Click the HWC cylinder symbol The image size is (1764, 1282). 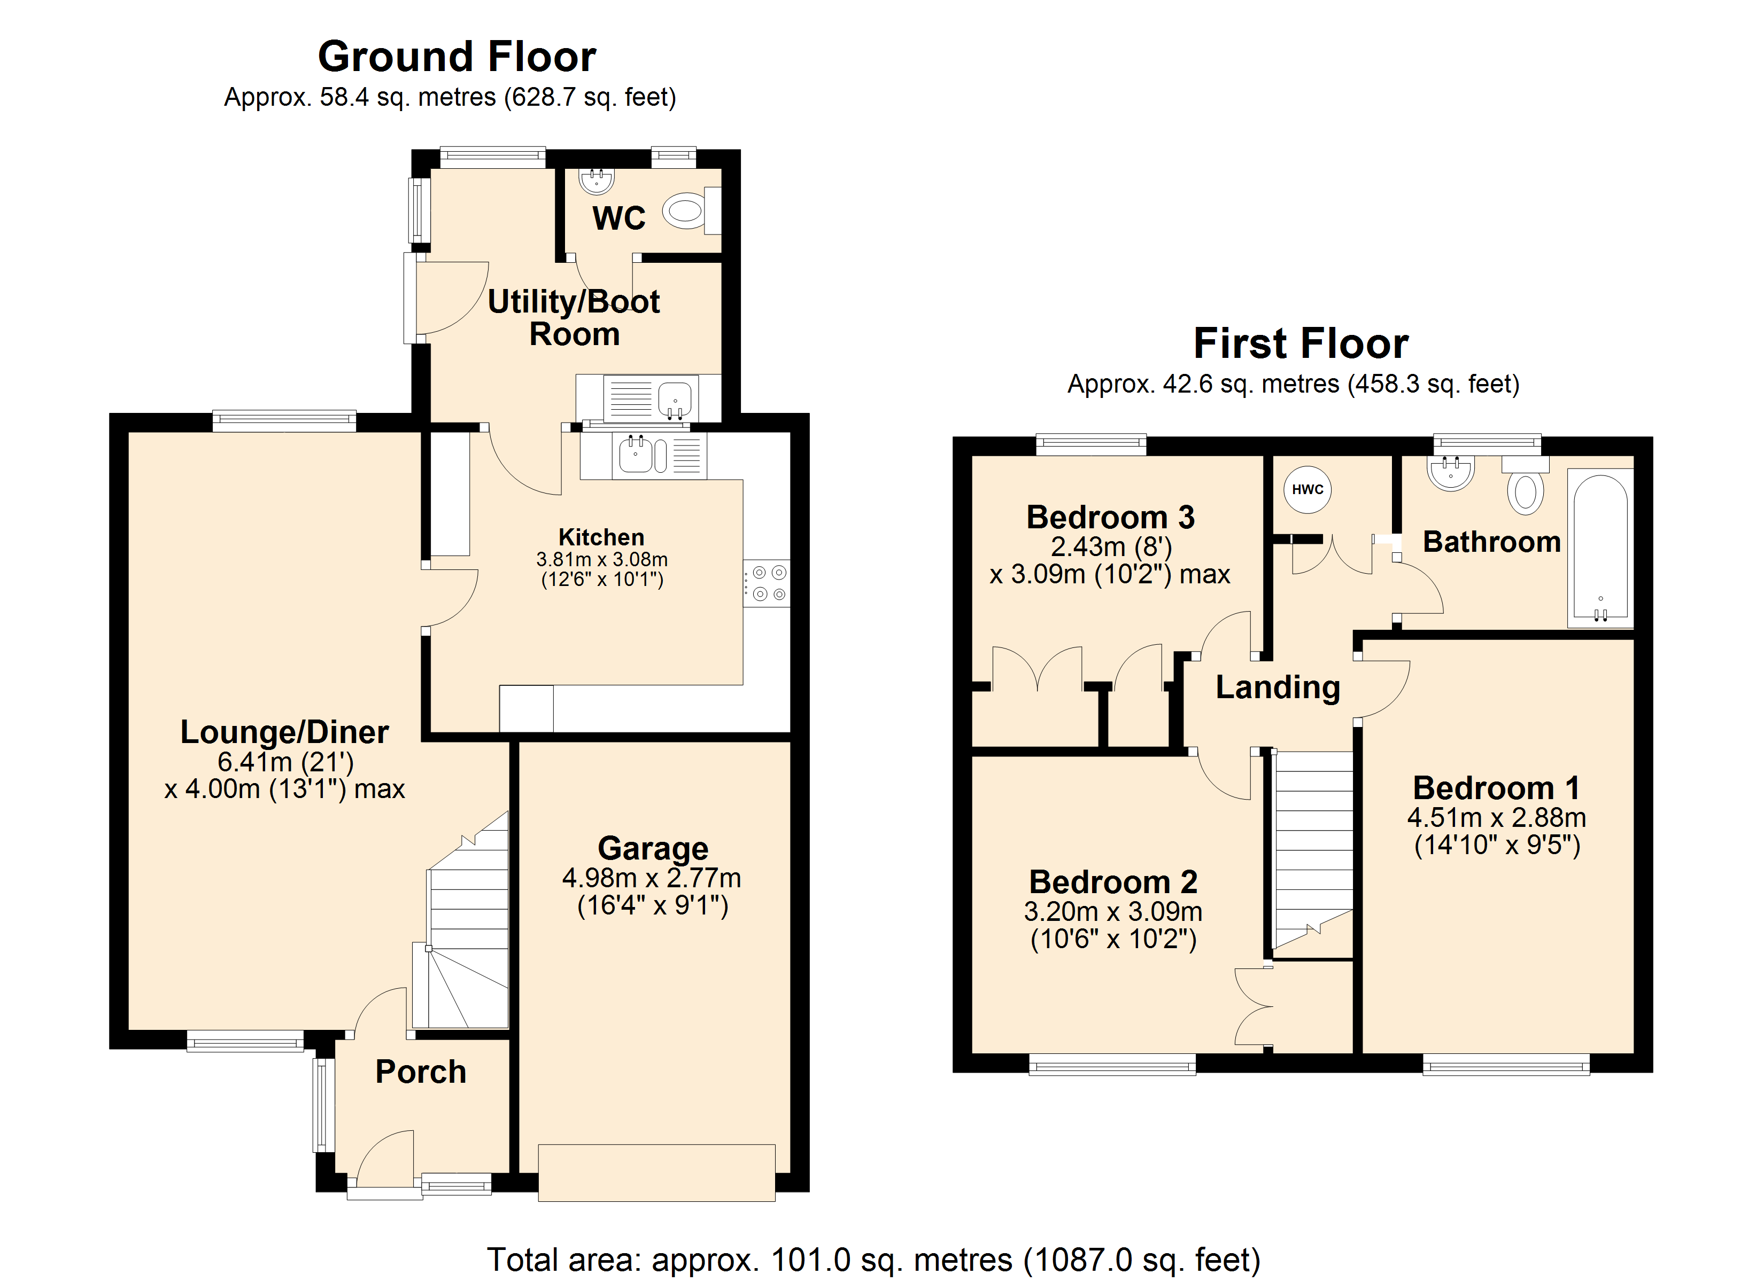[x=1307, y=489]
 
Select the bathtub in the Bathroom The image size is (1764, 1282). [x=1600, y=548]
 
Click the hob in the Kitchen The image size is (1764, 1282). [x=766, y=583]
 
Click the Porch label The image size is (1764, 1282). [x=421, y=1072]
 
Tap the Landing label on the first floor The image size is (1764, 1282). [x=1278, y=687]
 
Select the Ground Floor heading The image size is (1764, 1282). [x=458, y=56]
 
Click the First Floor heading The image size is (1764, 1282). [x=1301, y=343]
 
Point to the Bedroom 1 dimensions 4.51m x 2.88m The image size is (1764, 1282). [x=1496, y=818]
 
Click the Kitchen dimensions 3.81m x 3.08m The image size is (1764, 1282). [x=602, y=559]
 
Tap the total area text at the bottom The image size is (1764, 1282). [x=873, y=1260]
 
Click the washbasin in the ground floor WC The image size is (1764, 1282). [x=597, y=181]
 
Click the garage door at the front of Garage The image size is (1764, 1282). [x=656, y=1172]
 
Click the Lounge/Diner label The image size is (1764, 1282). [x=285, y=732]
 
